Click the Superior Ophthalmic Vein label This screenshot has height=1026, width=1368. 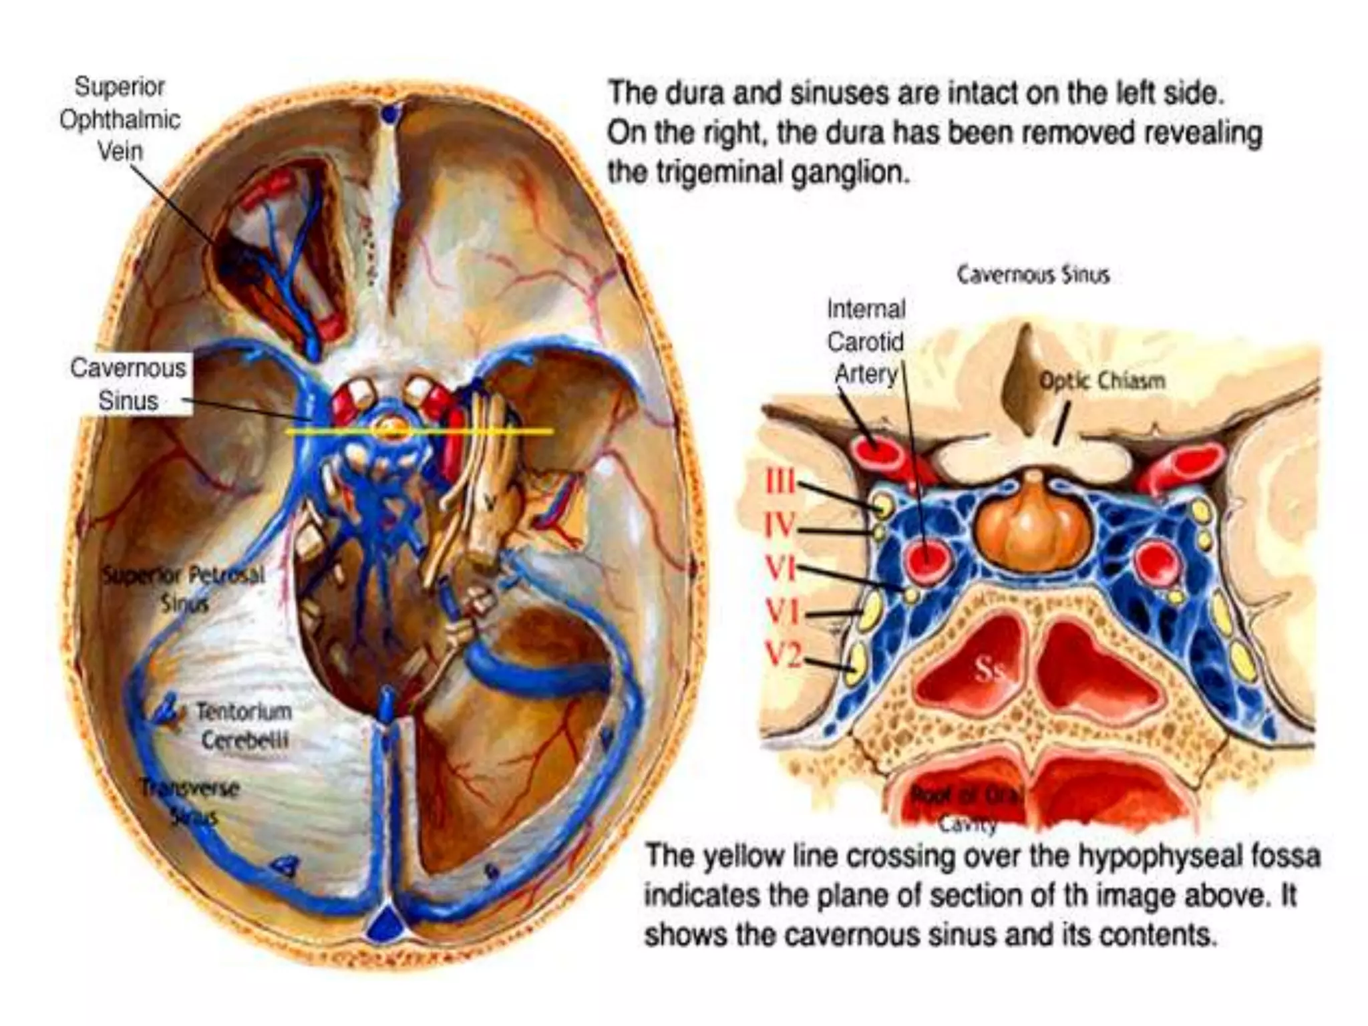tap(120, 119)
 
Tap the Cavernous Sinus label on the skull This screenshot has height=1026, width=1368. tap(128, 384)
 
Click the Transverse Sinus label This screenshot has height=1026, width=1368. tap(191, 802)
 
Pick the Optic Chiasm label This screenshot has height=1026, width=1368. tap(1101, 381)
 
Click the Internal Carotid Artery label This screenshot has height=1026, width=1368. tap(866, 341)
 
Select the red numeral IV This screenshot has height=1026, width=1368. tap(780, 526)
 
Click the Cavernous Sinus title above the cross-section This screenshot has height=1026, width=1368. tap(1033, 275)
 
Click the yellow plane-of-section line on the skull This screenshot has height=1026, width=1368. tap(508, 432)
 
